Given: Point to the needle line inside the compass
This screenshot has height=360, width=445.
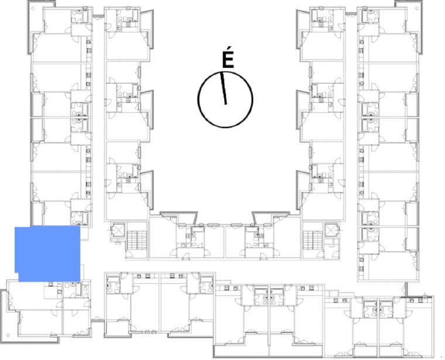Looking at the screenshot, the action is [224, 88].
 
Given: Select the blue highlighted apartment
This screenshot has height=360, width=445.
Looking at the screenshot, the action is [47, 253].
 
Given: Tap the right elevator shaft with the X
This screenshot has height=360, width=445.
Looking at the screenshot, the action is [331, 231].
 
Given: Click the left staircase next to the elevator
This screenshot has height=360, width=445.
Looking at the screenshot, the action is [136, 240].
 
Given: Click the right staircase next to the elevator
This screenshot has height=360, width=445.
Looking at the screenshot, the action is [313, 240].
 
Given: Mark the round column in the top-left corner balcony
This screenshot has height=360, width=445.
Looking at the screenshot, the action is [33, 8].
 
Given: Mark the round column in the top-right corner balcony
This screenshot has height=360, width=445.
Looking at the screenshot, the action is [417, 8].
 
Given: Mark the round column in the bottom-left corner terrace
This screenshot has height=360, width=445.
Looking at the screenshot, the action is [8, 335].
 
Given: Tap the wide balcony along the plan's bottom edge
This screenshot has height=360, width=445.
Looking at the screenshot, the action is [268, 351].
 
